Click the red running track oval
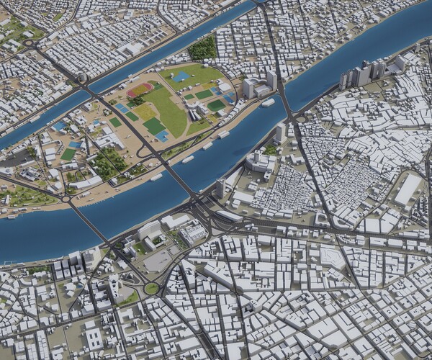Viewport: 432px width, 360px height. pyautogui.click(x=140, y=91)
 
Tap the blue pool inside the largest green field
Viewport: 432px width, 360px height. pyautogui.click(x=181, y=76)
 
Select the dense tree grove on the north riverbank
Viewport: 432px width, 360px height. pyautogui.click(x=203, y=49)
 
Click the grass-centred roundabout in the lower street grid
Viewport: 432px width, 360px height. pyautogui.click(x=151, y=288)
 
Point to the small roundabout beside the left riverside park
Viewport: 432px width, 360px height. pyautogui.click(x=66, y=197)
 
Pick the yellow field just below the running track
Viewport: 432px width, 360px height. pyautogui.click(x=146, y=112)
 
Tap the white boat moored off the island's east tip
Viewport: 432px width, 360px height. pyautogui.click(x=268, y=103)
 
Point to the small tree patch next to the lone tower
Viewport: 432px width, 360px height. pyautogui.click(x=271, y=149)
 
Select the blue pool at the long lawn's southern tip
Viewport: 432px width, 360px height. pyautogui.click(x=163, y=135)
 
